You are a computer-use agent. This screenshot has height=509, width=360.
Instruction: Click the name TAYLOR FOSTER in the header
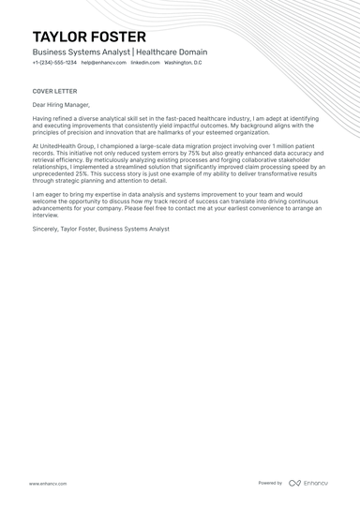coord(89,37)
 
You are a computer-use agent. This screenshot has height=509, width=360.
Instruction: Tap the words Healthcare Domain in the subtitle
coord(173,52)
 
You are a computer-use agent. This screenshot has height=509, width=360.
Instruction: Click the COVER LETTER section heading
coord(53,92)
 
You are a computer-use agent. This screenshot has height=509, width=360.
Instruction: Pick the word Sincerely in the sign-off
coord(47,229)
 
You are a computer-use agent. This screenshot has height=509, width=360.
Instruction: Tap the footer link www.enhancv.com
coord(47,483)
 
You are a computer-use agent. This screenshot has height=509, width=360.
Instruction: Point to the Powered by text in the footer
coord(270,483)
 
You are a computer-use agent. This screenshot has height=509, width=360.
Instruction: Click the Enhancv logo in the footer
coord(308,483)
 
